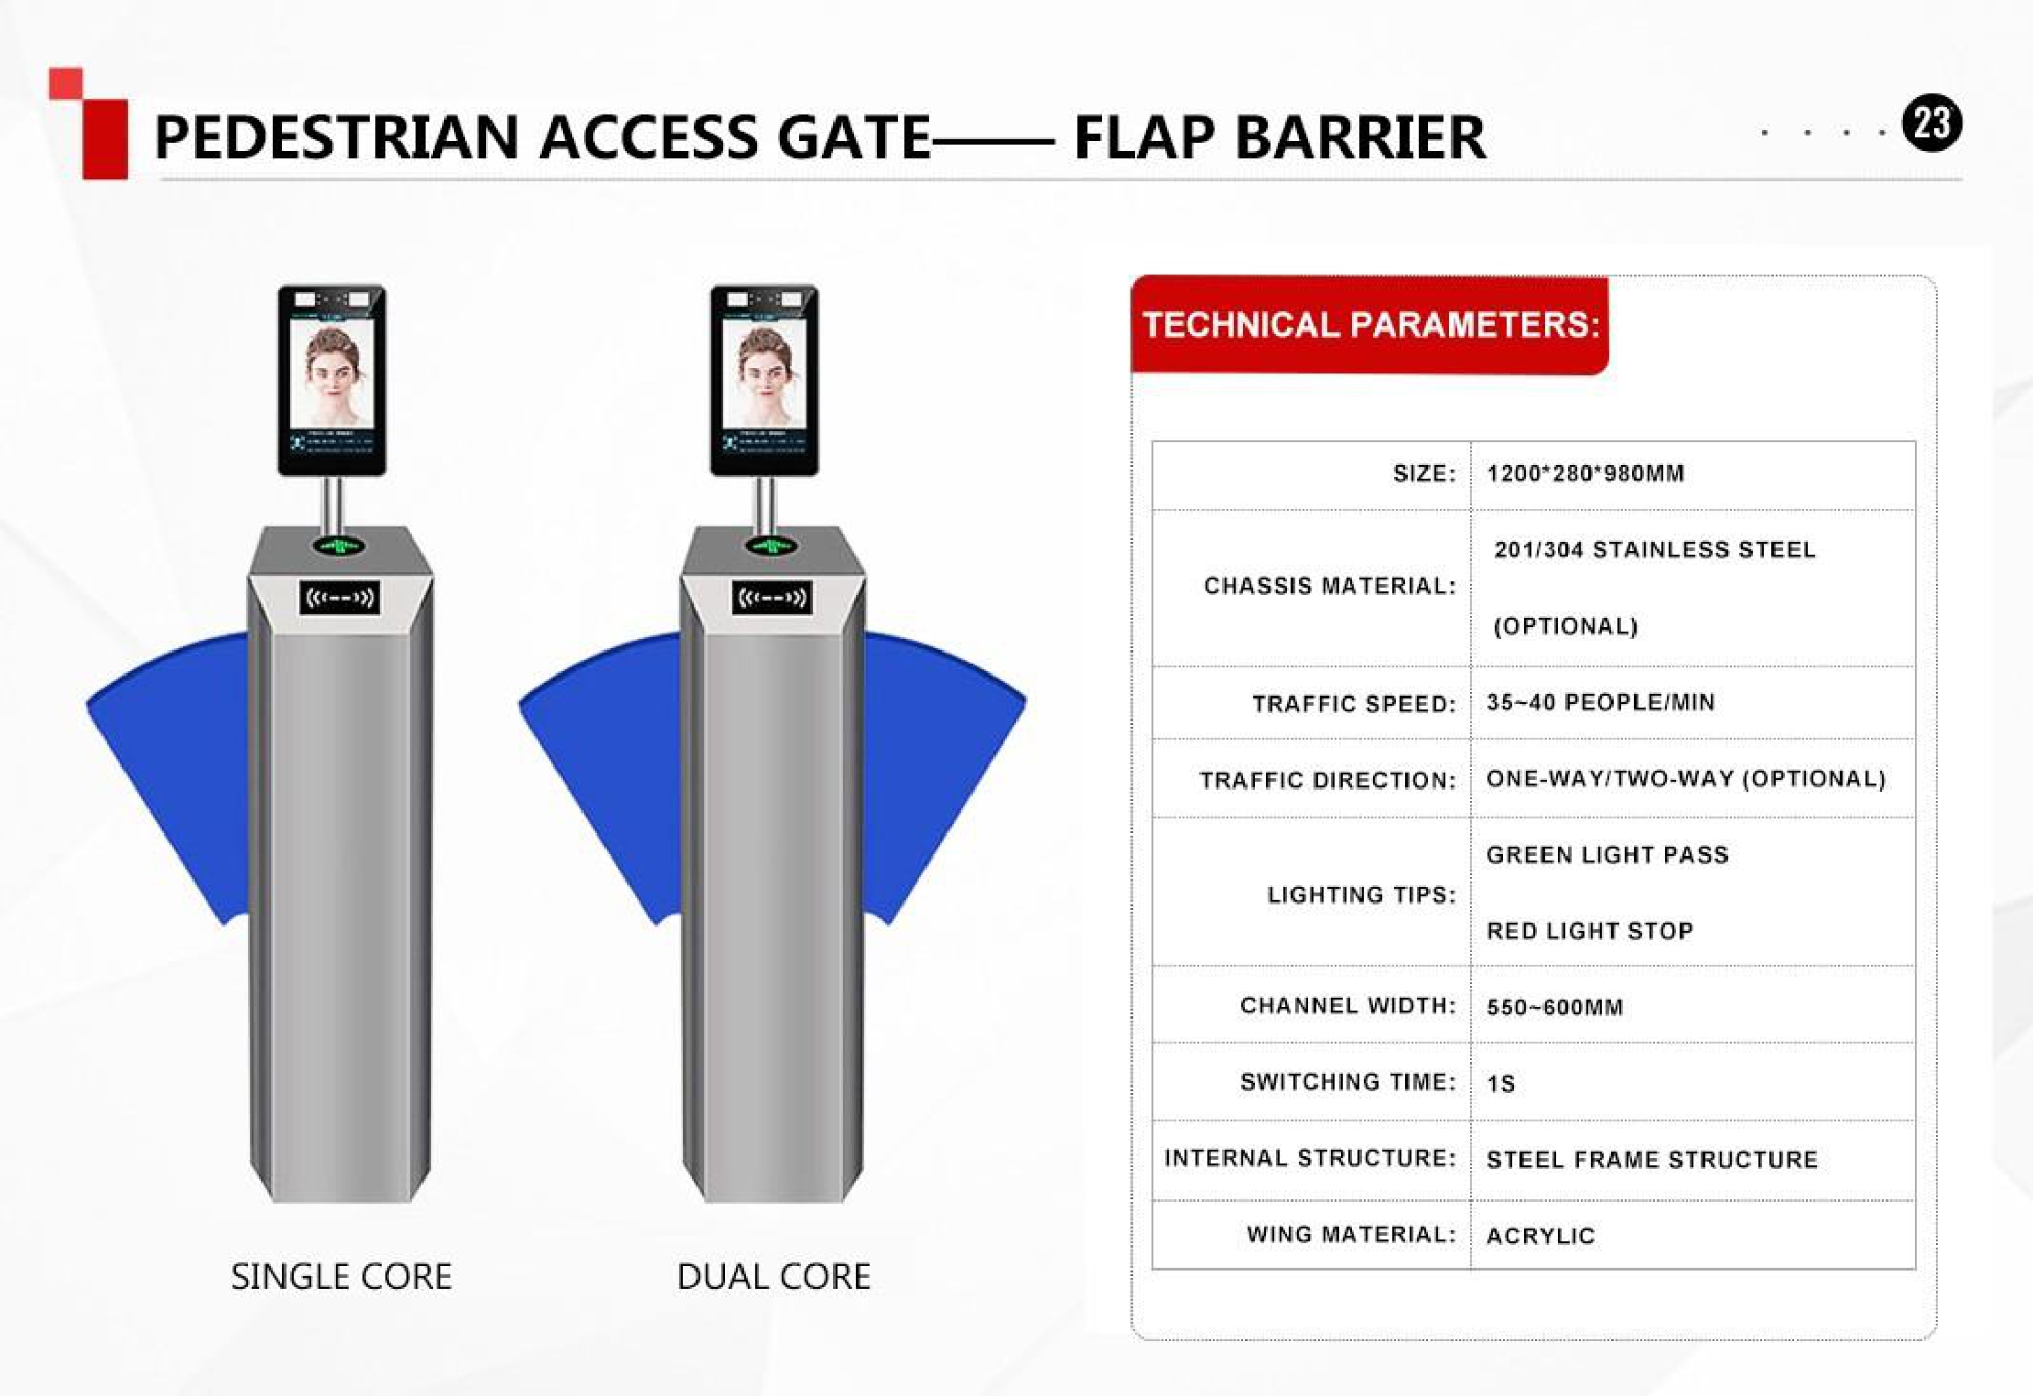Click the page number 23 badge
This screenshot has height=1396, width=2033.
point(1931,124)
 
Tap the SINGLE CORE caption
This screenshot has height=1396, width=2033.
point(341,1276)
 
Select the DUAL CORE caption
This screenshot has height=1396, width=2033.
point(774,1276)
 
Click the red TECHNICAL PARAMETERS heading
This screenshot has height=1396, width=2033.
point(1370,325)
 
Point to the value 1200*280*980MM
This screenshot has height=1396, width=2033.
point(1585,473)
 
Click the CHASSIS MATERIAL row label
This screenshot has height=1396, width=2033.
point(1330,586)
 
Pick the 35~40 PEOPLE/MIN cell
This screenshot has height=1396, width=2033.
point(1601,702)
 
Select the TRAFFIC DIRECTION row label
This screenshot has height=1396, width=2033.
point(1328,780)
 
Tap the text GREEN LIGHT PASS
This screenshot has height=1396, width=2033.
point(1607,855)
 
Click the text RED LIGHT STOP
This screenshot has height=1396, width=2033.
point(1590,931)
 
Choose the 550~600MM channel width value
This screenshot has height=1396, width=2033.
point(1554,1007)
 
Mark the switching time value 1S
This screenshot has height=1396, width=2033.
point(1501,1084)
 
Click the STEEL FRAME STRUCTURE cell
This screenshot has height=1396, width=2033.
point(1652,1160)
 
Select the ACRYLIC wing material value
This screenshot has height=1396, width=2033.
point(1541,1236)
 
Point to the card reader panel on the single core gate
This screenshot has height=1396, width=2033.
point(340,598)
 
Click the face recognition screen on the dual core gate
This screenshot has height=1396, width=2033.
point(764,380)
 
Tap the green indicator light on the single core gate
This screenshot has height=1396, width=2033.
point(340,546)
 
